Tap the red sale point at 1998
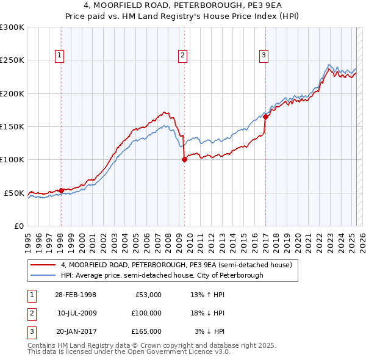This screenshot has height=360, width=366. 61,190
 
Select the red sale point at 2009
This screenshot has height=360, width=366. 184,159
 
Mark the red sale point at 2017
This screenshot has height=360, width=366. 266,117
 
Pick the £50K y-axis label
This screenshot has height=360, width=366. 14,193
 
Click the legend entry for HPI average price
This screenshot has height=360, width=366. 162,275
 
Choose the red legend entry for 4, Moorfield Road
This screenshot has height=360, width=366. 176,265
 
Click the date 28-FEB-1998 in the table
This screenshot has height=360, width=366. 75,295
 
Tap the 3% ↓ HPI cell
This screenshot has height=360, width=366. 209,331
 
